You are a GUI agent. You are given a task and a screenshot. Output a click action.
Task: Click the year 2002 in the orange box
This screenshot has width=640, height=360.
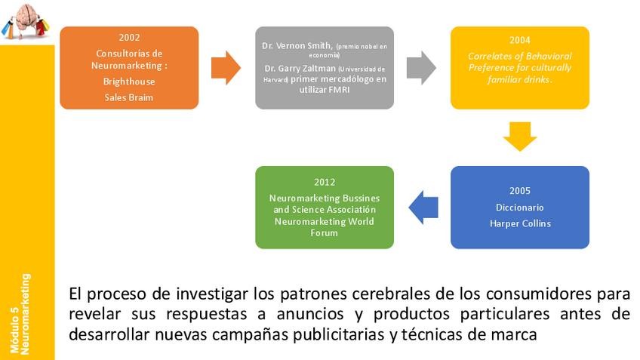pyautogui.click(x=129, y=37)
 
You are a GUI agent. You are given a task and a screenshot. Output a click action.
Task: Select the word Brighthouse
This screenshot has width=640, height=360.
pyautogui.click(x=129, y=81)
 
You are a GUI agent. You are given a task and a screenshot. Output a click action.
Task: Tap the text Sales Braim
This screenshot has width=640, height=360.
pyautogui.click(x=129, y=97)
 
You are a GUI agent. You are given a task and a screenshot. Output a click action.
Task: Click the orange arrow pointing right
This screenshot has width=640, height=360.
pyautogui.click(x=226, y=68)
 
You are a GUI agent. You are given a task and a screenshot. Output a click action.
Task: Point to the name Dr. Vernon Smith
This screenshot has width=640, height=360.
pyautogui.click(x=297, y=46)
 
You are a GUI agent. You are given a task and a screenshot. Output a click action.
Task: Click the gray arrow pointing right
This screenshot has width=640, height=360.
pyautogui.click(x=421, y=67)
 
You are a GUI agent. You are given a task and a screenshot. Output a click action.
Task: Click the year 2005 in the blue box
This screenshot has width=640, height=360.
pyautogui.click(x=520, y=190)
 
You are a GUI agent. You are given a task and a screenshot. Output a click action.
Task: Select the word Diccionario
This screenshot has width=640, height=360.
pyautogui.click(x=520, y=207)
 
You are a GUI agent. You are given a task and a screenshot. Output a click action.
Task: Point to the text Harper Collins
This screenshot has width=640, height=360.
pyautogui.click(x=520, y=223)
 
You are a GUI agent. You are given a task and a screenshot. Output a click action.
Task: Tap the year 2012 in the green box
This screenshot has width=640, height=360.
pyautogui.click(x=325, y=182)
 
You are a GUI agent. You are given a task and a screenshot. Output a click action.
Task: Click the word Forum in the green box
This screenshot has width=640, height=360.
pyautogui.click(x=325, y=233)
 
